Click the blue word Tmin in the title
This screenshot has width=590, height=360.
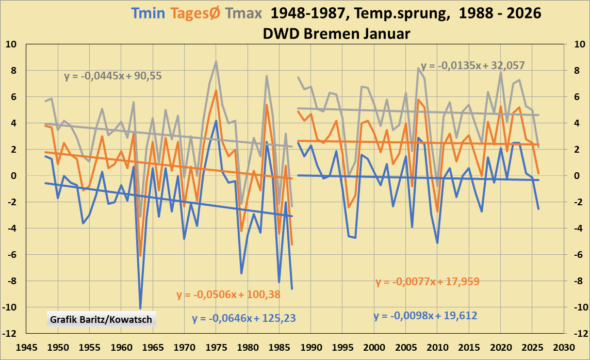tap(149, 13)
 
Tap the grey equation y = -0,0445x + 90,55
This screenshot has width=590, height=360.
tap(113, 76)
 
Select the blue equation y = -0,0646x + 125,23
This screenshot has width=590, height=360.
tap(244, 318)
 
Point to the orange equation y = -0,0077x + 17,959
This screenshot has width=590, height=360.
tap(428, 282)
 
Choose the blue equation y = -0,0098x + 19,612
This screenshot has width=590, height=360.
tap(425, 316)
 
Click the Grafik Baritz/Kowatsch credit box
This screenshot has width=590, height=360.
tap(101, 319)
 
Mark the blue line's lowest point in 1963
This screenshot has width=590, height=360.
tap(140, 308)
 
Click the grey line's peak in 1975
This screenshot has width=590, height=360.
tap(216, 61)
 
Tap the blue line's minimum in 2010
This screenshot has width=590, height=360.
tap(437, 243)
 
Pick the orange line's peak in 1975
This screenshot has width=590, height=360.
tap(216, 91)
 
